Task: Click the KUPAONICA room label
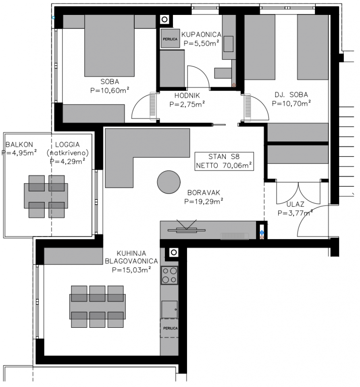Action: (x=201, y=35)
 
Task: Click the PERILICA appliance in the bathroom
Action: (x=170, y=39)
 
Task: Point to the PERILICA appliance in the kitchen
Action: (x=170, y=328)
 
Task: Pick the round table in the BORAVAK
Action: (x=169, y=183)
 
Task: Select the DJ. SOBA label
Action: (x=291, y=95)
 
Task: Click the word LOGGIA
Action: (x=67, y=145)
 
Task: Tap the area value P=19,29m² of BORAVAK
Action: (x=204, y=201)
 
